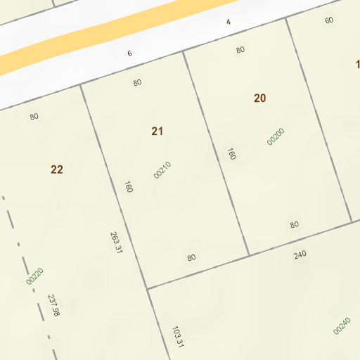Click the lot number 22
point(57,169)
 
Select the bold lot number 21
point(157,131)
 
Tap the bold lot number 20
point(260,98)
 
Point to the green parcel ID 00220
point(34,276)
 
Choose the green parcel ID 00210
point(162,170)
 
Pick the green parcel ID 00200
point(276,136)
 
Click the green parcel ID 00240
point(342,326)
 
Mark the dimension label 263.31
point(116,243)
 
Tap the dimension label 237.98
point(54,304)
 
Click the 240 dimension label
point(300,255)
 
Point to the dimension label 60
point(329,20)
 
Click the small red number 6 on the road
point(130,53)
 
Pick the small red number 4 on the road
point(229,22)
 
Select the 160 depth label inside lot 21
point(129,187)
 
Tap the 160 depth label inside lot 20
point(231,153)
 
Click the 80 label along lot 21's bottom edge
point(191,257)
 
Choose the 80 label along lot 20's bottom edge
point(295,225)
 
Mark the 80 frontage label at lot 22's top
point(34,117)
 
